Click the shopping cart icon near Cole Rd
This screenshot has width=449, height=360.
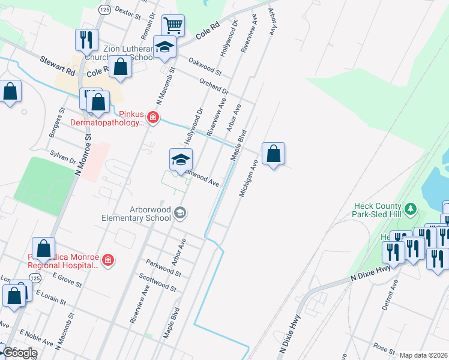[173, 26]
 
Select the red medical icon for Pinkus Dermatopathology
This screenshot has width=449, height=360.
[153, 116]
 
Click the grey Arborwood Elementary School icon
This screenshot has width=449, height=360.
[179, 213]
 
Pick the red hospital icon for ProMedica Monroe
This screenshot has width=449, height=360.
[107, 260]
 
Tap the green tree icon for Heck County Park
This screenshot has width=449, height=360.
[411, 209]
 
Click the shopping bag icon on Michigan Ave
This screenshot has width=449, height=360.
[273, 154]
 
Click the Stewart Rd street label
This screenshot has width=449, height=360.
[57, 65]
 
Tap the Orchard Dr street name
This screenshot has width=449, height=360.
[213, 86]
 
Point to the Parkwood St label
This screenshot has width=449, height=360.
[163, 268]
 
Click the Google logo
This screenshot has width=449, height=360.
[19, 353]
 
